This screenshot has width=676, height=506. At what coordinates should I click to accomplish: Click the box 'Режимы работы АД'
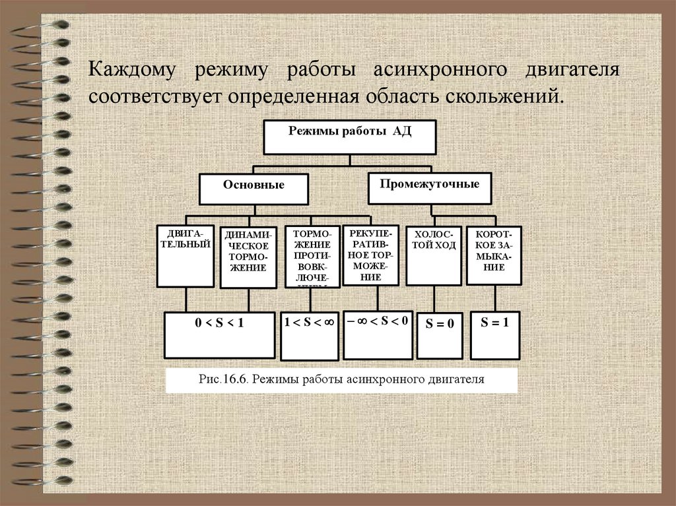(x=350, y=137)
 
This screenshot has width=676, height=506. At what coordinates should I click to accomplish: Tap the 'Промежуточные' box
(x=429, y=188)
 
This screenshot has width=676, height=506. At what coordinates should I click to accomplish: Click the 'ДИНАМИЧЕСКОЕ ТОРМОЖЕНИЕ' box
(x=248, y=258)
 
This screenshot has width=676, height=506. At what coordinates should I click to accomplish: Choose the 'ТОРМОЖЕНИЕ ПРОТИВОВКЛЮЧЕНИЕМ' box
(x=312, y=257)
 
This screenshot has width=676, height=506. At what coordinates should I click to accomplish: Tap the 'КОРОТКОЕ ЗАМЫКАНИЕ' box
(x=494, y=255)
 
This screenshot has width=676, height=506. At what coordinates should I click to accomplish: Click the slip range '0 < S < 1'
(x=220, y=334)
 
